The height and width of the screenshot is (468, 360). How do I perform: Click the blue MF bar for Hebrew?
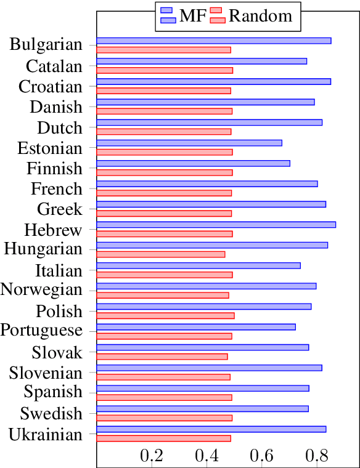point(216,225)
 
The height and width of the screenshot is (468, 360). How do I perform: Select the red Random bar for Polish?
point(165,316)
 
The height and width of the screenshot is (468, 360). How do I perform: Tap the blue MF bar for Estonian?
point(189,143)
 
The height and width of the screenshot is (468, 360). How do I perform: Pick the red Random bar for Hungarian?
point(160,254)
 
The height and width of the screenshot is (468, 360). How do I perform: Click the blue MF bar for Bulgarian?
point(213,41)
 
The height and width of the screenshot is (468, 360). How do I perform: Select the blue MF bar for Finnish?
point(193,163)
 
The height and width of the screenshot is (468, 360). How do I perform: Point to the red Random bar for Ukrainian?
point(163,438)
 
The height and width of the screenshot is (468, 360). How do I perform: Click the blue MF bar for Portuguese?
point(195,327)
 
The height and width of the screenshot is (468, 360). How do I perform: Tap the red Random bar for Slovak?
point(162,357)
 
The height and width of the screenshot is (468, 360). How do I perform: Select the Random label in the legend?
point(261,16)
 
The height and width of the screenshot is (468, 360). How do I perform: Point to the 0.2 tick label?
point(152,456)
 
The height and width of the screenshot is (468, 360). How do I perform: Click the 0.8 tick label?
point(316,456)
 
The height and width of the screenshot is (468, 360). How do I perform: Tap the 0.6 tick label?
point(261,456)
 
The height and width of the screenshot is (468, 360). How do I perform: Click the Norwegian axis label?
point(41,290)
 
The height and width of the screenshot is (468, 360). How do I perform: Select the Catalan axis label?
point(54,66)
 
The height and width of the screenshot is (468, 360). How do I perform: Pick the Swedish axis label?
point(51,413)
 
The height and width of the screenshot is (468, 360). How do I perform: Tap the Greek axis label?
point(60,209)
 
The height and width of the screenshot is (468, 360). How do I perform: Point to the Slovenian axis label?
point(46,373)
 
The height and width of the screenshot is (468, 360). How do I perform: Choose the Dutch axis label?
point(60,128)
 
